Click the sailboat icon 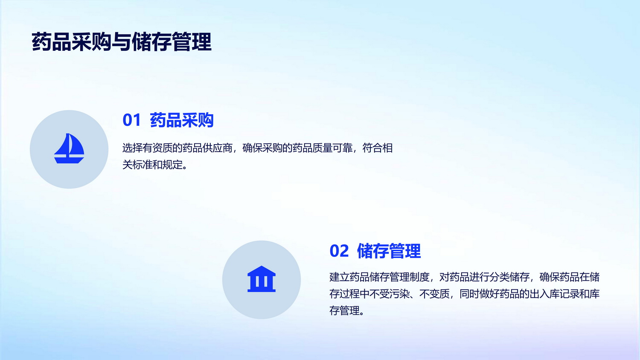pos(69,148)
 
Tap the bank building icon pos(262,279)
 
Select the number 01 pos(131,120)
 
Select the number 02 pos(339,251)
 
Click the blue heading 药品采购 pos(182,120)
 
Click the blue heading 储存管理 pos(389,251)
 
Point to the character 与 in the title pos(122,42)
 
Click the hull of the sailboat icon pos(69,160)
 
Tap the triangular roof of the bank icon pos(262,270)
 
